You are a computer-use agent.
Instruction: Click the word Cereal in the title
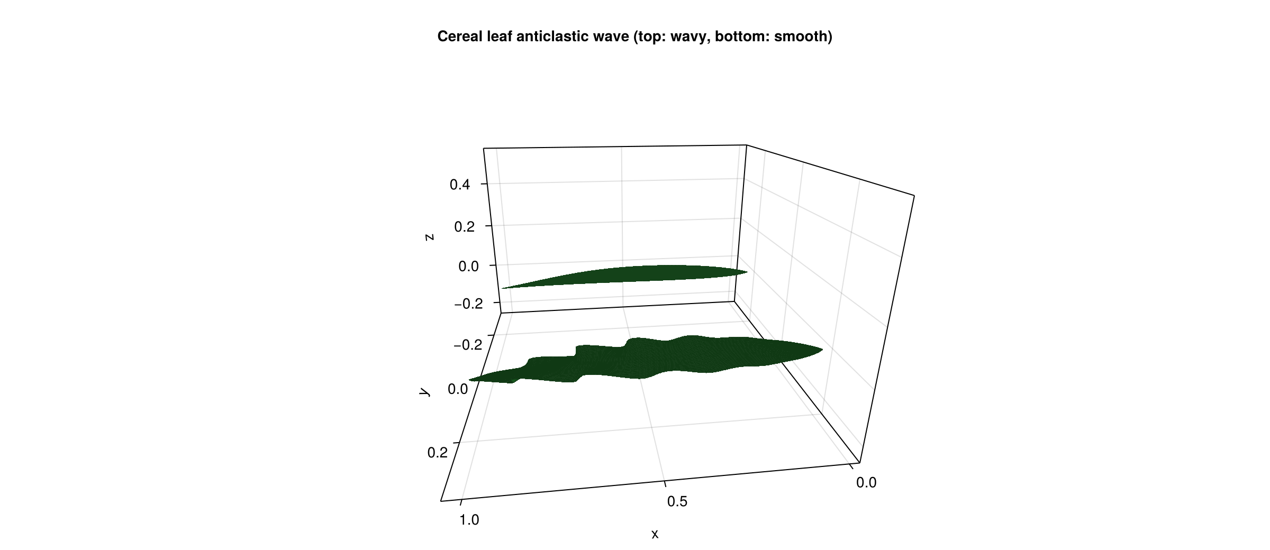[460, 36]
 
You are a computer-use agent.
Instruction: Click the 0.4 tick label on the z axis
[459, 185]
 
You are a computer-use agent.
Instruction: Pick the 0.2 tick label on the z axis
[464, 227]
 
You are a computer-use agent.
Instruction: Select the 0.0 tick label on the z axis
[468, 267]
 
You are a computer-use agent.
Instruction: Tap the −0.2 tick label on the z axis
[468, 304]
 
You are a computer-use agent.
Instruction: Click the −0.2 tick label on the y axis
[468, 345]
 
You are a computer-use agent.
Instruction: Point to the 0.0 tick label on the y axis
[458, 389]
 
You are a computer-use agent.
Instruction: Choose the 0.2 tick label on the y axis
[437, 453]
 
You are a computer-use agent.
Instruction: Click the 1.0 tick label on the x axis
[469, 520]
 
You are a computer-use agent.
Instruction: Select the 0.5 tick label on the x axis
[677, 501]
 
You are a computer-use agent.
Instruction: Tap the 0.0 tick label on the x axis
[866, 482]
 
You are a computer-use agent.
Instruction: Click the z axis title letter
[430, 237]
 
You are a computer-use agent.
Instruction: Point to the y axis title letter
[424, 391]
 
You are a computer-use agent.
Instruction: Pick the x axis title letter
[655, 534]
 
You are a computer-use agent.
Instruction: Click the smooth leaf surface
[635, 274]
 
